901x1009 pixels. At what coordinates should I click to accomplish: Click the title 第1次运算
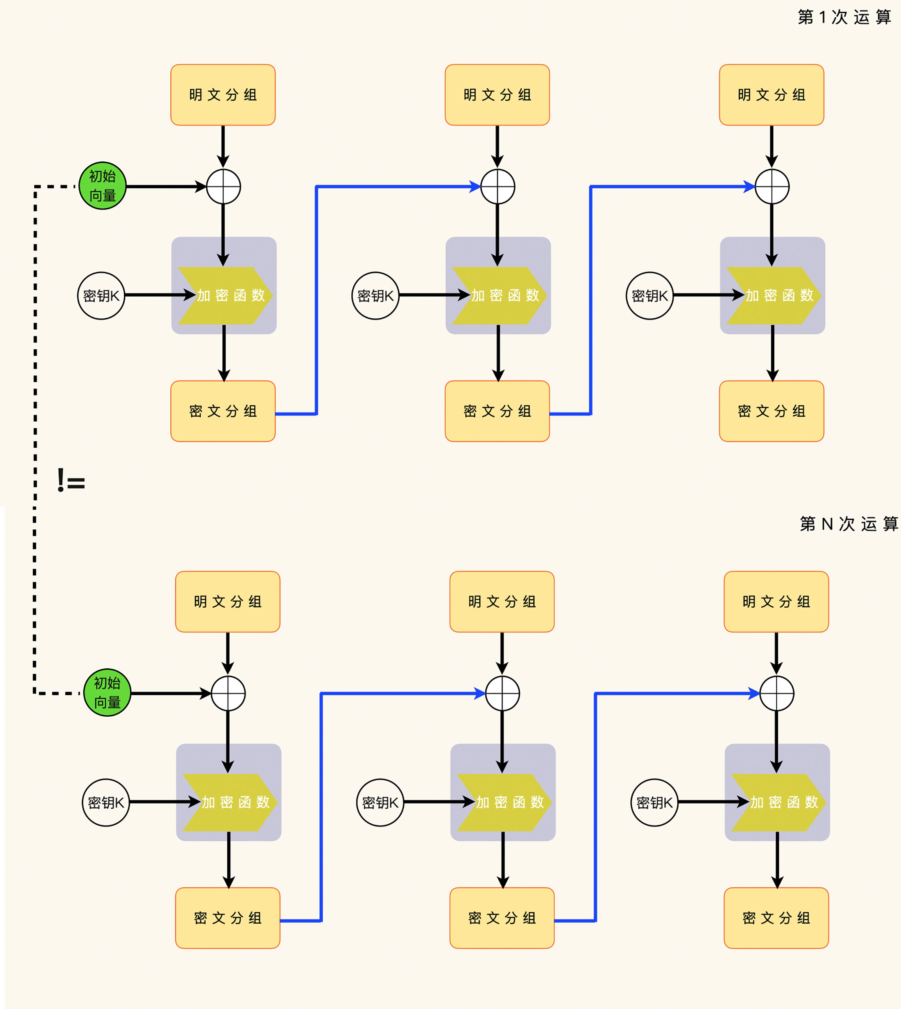tap(844, 17)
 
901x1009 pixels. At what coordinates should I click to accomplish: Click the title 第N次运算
tap(849, 524)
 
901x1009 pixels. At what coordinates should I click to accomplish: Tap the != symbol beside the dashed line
tap(71, 480)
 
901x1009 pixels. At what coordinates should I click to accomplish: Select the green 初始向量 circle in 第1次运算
tap(103, 186)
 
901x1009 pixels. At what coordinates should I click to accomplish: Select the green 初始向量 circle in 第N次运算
tap(107, 692)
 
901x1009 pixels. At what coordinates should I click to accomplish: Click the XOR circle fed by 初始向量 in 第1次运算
tap(224, 187)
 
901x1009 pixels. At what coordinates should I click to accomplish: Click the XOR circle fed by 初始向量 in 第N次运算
tap(228, 693)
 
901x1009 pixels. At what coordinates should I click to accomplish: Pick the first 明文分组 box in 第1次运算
tap(223, 95)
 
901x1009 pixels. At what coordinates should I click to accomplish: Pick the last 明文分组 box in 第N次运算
tap(776, 602)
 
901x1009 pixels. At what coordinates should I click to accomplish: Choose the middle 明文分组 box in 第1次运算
tap(497, 95)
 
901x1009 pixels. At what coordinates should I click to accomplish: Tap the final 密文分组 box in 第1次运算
tap(771, 411)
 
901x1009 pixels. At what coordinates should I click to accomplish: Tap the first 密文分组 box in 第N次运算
tap(228, 918)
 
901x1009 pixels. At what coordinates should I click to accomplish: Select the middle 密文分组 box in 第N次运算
tap(502, 918)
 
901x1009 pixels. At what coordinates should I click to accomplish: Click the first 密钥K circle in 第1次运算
tap(101, 295)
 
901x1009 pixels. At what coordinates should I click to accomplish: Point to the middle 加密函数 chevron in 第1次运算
tap(500, 295)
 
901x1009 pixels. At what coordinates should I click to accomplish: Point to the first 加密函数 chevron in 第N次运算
tap(230, 802)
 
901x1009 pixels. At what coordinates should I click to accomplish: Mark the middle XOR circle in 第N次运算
tap(503, 693)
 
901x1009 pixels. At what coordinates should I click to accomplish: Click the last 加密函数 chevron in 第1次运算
tap(774, 295)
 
